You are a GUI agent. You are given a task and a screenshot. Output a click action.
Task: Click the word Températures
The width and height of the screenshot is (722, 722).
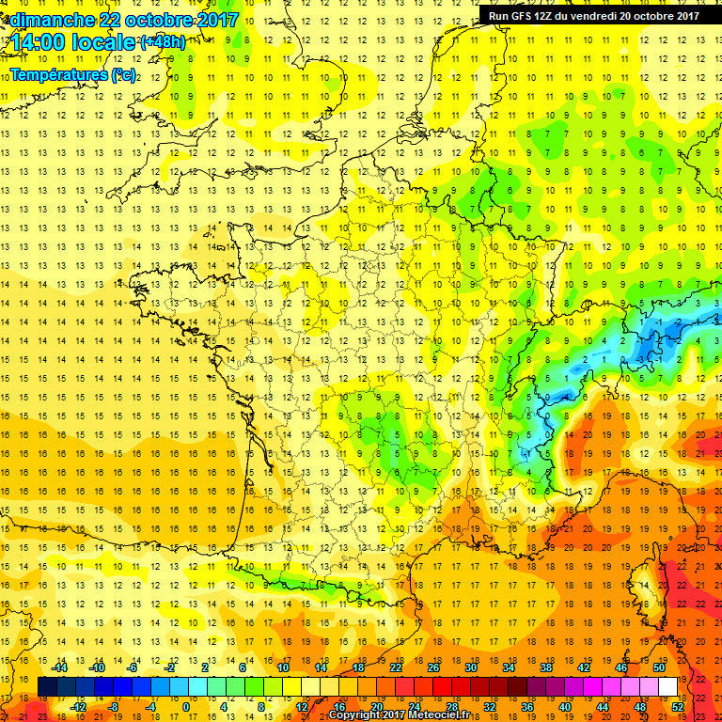[x=58, y=73]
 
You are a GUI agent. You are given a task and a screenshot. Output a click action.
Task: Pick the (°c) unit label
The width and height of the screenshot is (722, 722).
[x=123, y=73]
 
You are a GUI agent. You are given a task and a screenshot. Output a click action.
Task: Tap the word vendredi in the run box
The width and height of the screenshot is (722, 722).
[x=615, y=15]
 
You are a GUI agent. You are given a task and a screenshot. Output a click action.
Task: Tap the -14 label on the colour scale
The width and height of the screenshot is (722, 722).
[x=59, y=667]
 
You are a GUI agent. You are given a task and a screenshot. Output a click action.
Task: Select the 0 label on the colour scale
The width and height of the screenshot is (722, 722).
[x=186, y=706]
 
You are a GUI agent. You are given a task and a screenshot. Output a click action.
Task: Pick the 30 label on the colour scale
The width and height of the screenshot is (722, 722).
[x=470, y=667]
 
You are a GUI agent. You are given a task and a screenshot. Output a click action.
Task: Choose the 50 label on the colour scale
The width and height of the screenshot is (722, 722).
[x=658, y=667]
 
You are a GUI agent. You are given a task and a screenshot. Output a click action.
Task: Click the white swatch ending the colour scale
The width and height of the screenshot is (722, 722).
[x=667, y=686]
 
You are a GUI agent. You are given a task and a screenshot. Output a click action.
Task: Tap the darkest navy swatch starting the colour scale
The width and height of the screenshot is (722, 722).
[x=47, y=686]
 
